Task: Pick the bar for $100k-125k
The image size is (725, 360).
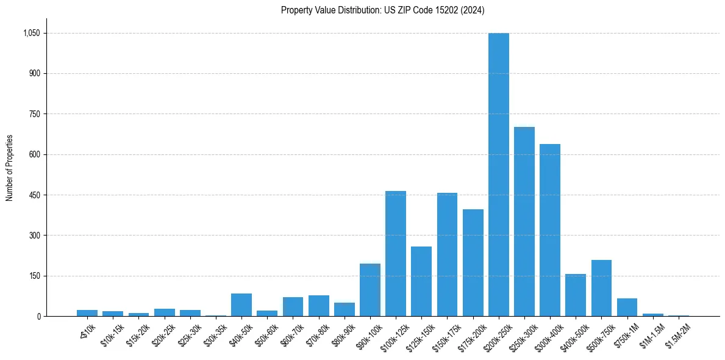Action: pyautogui.click(x=396, y=254)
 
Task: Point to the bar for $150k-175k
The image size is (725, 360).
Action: pyautogui.click(x=447, y=254)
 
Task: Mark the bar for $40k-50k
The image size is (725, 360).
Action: pyautogui.click(x=241, y=305)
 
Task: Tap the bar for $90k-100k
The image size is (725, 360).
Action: pyautogui.click(x=370, y=290)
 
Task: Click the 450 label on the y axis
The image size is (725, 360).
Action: pyautogui.click(x=35, y=195)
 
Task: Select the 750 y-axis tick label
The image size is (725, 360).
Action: pyautogui.click(x=35, y=114)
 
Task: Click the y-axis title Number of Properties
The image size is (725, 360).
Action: pyautogui.click(x=10, y=168)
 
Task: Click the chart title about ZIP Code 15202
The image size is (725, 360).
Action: pyautogui.click(x=382, y=10)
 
